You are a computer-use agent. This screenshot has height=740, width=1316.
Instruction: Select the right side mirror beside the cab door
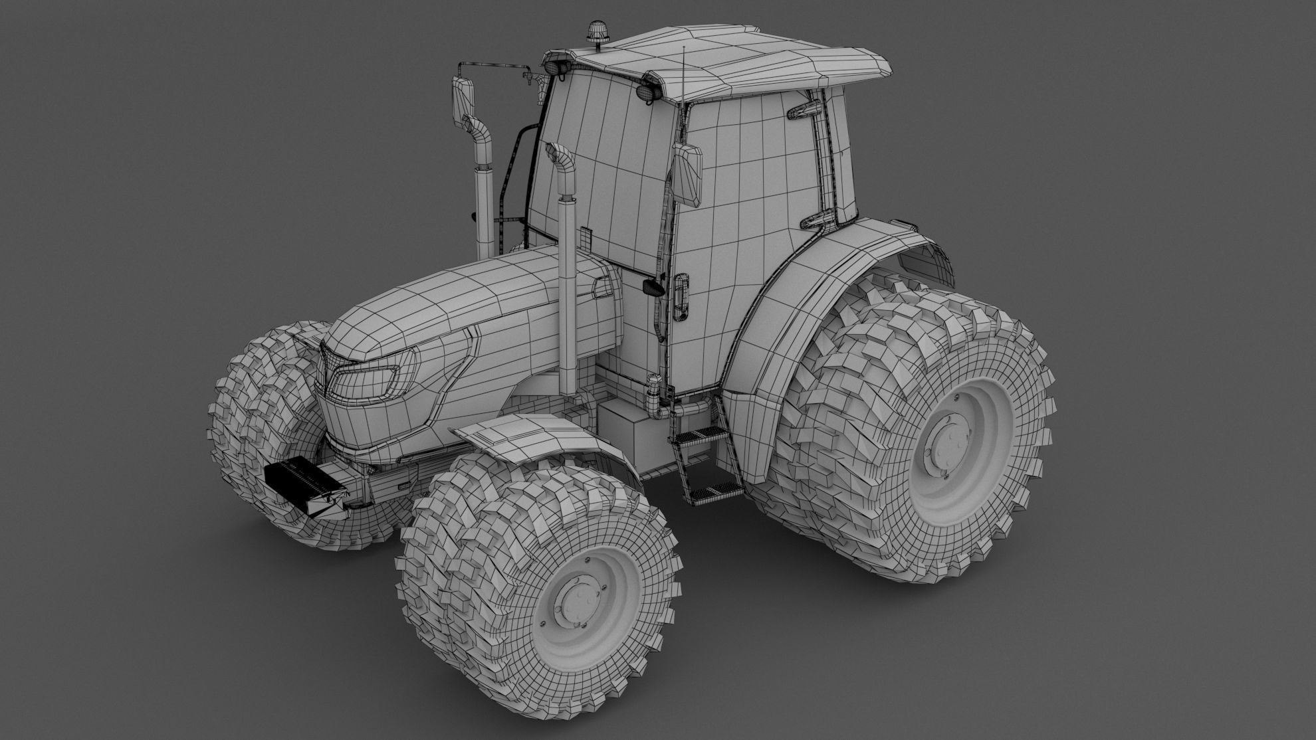(x=688, y=175)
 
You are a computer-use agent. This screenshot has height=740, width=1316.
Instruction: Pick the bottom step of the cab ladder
(x=715, y=491)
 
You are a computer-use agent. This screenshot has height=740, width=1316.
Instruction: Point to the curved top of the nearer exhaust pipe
(x=560, y=167)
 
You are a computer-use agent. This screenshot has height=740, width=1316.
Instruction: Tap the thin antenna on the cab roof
(x=683, y=73)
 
